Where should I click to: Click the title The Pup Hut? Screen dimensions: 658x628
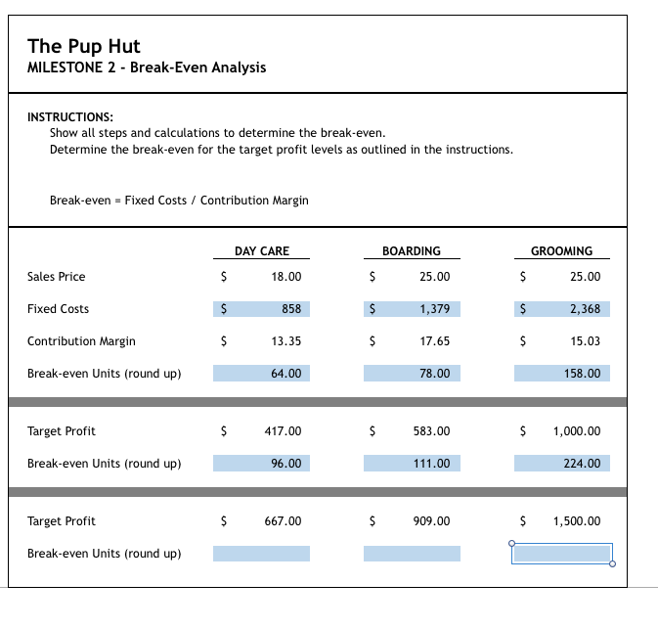[x=84, y=45]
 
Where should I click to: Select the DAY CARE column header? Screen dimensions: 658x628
[x=262, y=251]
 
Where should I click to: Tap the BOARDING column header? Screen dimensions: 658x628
[x=411, y=251]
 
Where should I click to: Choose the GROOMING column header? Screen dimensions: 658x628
[x=561, y=251]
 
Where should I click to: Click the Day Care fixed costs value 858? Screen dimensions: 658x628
[x=290, y=309]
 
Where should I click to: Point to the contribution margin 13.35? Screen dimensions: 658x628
[x=286, y=341]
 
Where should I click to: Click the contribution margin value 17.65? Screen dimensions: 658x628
[x=434, y=341]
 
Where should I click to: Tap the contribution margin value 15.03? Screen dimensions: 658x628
[x=585, y=341]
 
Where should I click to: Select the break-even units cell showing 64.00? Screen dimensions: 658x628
[x=286, y=374]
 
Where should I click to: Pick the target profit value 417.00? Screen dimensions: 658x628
[x=284, y=431]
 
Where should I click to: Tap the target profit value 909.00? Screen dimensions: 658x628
[x=432, y=521]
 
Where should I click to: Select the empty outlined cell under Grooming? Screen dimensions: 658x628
[x=561, y=554]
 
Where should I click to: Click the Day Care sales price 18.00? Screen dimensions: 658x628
[x=286, y=277]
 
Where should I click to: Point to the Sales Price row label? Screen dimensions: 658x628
[x=57, y=277]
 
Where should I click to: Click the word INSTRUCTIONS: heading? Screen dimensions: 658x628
[x=69, y=115]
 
